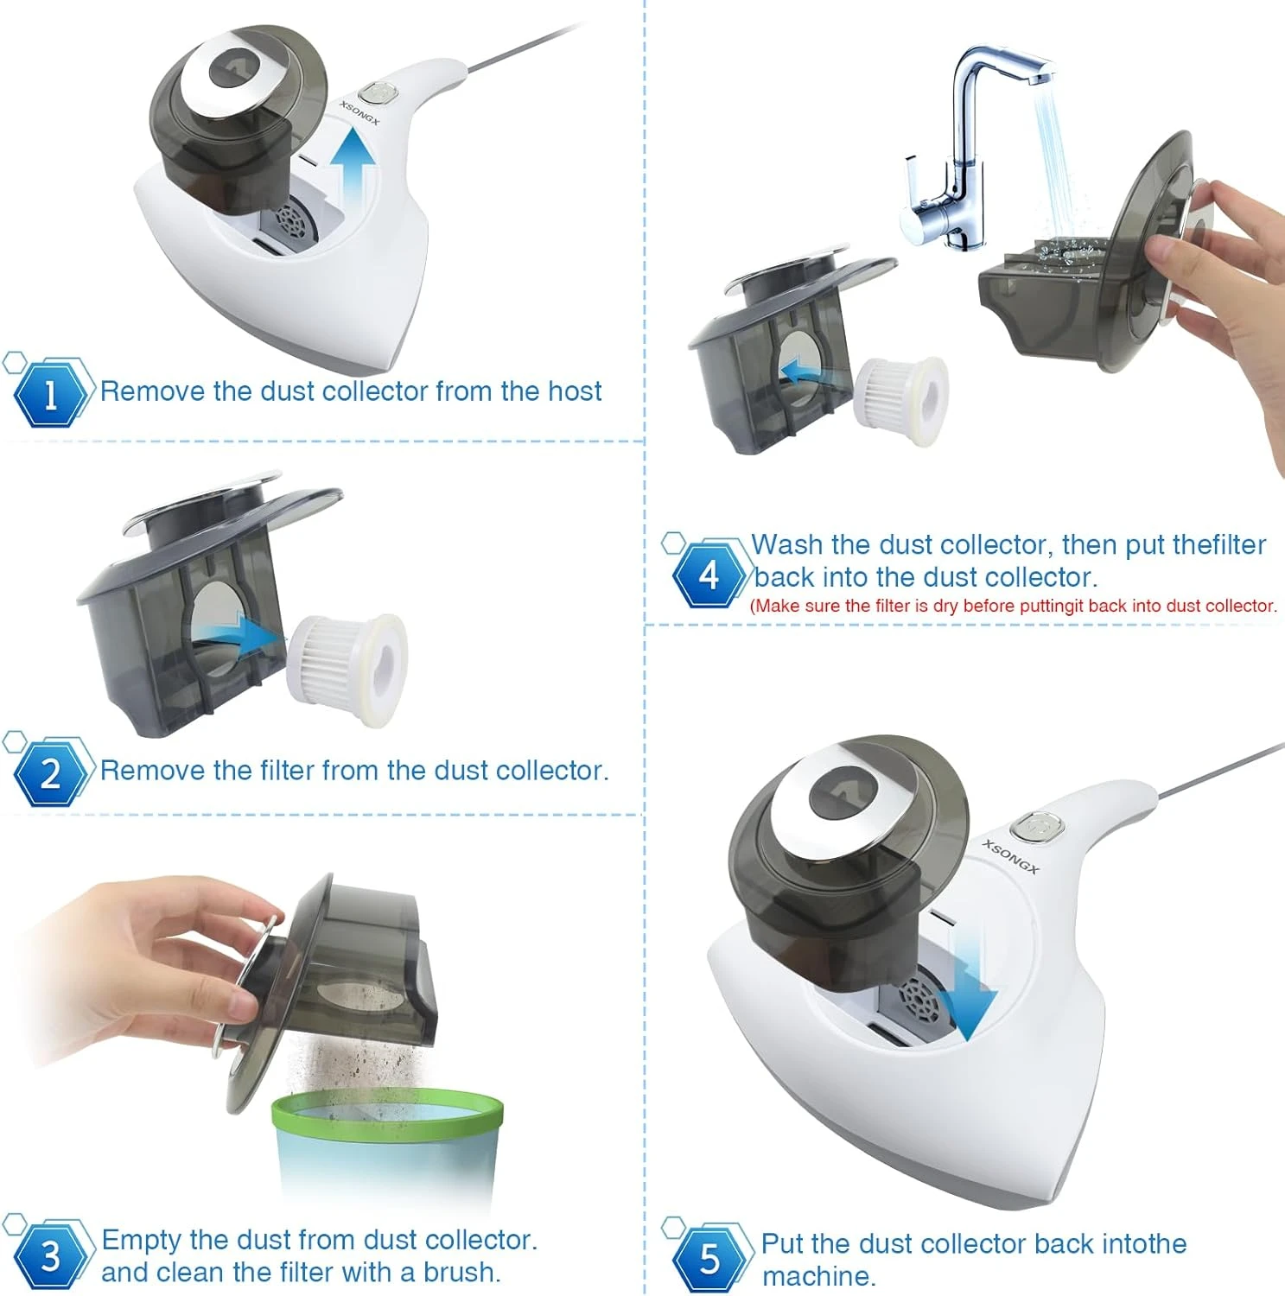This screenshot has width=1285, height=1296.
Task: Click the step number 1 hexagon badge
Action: pyautogui.click(x=51, y=393)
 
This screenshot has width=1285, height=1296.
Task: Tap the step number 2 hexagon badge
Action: pyautogui.click(x=51, y=772)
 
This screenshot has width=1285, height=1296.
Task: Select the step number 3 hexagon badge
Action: pyautogui.click(x=51, y=1255)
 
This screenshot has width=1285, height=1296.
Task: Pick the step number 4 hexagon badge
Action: pyautogui.click(x=709, y=574)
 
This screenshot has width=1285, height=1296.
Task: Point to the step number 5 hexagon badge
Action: pyautogui.click(x=709, y=1259)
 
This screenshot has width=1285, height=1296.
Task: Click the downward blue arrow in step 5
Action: pyautogui.click(x=968, y=990)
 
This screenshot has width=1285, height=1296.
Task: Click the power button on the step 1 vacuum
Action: pyautogui.click(x=376, y=92)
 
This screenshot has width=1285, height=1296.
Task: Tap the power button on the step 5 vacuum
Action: pyautogui.click(x=1037, y=827)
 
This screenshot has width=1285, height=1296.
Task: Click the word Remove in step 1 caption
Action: pyautogui.click(x=153, y=391)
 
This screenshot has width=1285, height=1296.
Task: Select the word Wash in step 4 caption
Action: pyautogui.click(x=787, y=544)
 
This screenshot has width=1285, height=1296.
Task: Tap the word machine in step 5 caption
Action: pyautogui.click(x=815, y=1276)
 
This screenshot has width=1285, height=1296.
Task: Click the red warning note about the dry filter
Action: pyautogui.click(x=1014, y=606)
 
